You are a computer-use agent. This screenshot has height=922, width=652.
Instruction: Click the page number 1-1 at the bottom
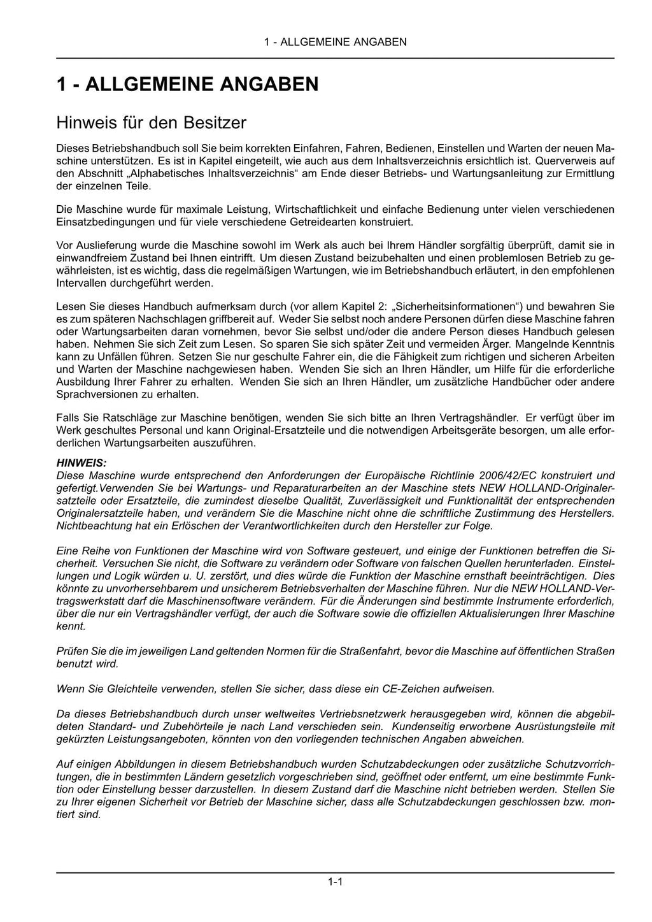336,882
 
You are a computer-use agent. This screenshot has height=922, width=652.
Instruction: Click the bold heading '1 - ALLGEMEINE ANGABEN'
187,84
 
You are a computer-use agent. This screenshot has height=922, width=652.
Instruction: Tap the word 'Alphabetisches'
162,173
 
